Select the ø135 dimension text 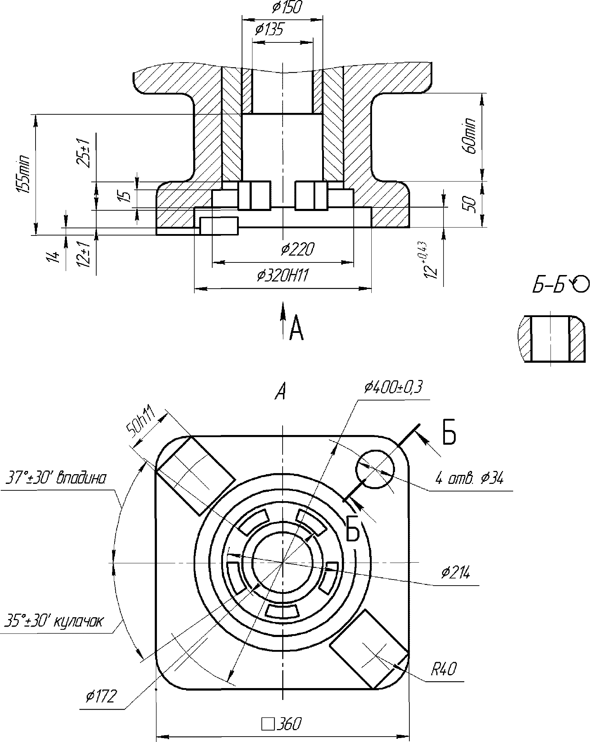(268, 29)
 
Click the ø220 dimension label (298, 249)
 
